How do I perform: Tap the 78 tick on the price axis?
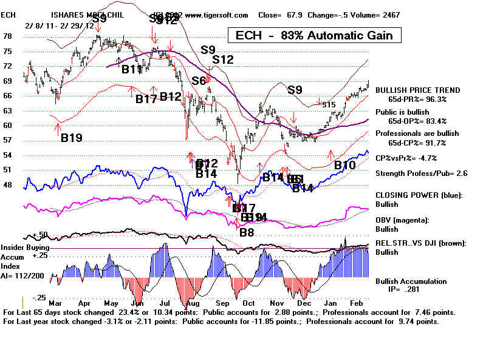(x=7, y=36)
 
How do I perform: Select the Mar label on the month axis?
(x=56, y=301)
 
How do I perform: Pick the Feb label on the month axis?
(x=357, y=301)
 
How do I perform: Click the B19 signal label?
(x=71, y=138)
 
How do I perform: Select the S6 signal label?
(x=199, y=81)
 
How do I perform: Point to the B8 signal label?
(x=247, y=232)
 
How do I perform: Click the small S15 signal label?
(x=329, y=105)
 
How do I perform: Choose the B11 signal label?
(x=132, y=69)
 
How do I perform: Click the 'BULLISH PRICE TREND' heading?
(x=417, y=90)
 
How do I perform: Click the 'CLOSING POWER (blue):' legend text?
(x=418, y=195)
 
